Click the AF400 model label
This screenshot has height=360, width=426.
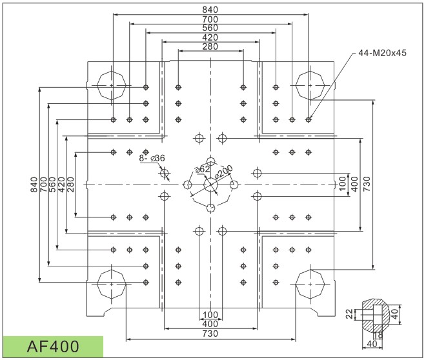click(x=53, y=346)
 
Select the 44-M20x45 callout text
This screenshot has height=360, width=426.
click(x=382, y=53)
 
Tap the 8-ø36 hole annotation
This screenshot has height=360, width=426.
click(x=152, y=158)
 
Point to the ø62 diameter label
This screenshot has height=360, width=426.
click(x=203, y=169)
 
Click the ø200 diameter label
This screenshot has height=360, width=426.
click(x=223, y=172)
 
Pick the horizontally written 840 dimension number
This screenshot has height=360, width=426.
click(x=210, y=10)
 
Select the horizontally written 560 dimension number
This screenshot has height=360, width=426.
click(x=210, y=28)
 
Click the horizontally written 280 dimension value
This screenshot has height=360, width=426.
click(x=210, y=46)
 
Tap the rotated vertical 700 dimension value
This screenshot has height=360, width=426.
click(x=43, y=185)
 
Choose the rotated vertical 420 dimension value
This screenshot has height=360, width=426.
click(x=62, y=185)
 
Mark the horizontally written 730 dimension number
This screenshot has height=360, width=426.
click(x=210, y=334)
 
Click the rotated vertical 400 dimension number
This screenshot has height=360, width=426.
click(x=354, y=184)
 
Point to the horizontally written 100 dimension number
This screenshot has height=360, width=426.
click(x=210, y=315)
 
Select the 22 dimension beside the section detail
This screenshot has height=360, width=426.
click(x=350, y=314)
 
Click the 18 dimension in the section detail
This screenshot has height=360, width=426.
click(x=378, y=335)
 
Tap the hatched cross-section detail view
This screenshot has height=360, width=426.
click(x=375, y=315)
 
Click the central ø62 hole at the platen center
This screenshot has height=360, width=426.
click(x=210, y=185)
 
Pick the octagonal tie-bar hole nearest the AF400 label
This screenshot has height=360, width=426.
click(x=112, y=284)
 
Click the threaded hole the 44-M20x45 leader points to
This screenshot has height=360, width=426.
click(x=308, y=119)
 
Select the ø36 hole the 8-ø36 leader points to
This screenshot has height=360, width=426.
click(x=165, y=173)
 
